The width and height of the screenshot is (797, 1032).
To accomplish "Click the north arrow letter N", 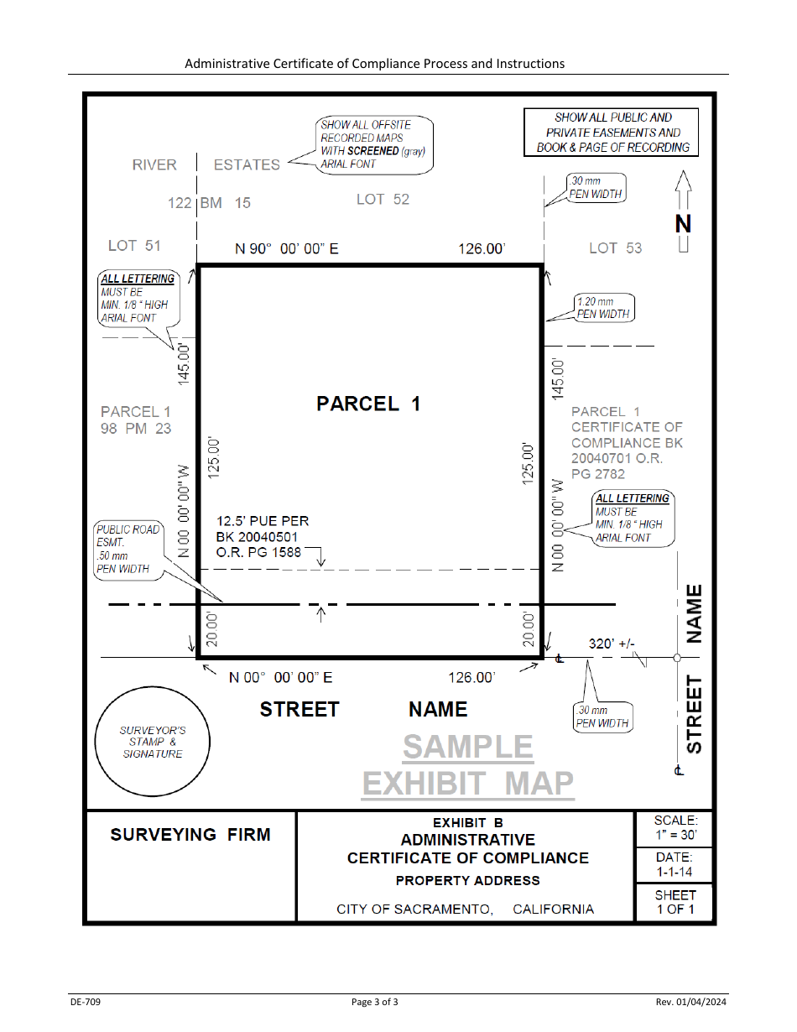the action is [683, 224].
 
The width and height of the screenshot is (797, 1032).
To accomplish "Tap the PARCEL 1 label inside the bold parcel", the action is [368, 404].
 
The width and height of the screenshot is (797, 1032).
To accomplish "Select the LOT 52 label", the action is [383, 199].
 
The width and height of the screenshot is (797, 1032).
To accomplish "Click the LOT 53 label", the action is [615, 248].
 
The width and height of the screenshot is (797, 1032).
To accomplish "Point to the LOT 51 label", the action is [134, 246].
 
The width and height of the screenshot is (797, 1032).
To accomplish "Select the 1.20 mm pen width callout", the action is [604, 308].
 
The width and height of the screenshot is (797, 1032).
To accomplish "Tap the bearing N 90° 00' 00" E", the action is [287, 248].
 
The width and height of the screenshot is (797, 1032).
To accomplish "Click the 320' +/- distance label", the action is [612, 644].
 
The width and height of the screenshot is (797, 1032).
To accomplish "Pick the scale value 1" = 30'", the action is [676, 835].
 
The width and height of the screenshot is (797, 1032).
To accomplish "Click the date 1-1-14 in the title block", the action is [674, 872].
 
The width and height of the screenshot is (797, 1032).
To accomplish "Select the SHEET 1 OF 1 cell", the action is [675, 902].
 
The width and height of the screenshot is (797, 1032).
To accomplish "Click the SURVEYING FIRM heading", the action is [190, 835].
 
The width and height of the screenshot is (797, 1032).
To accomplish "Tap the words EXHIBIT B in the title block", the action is [467, 822].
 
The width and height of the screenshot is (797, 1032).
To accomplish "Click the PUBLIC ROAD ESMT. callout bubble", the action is [128, 550].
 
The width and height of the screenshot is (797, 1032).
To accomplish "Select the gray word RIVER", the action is [154, 164].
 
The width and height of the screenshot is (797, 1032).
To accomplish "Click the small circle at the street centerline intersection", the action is [677, 658].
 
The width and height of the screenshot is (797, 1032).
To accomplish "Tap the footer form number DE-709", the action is [86, 1002].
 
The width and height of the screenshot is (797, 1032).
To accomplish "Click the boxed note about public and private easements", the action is [611, 132].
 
